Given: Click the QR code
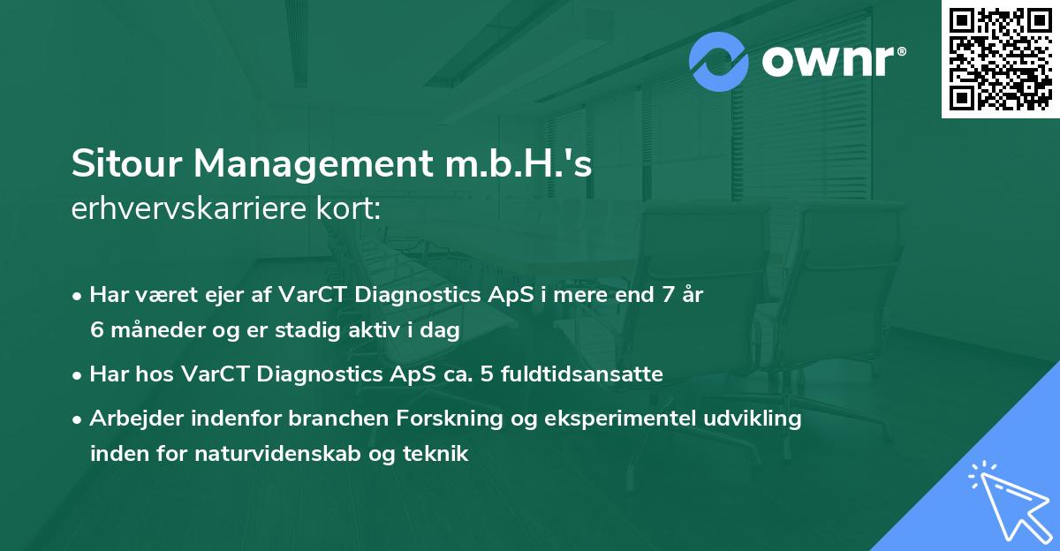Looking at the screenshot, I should [x=1001, y=59].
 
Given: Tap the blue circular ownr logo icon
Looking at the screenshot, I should [x=719, y=62].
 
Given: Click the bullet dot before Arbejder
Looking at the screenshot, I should [x=79, y=419].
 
